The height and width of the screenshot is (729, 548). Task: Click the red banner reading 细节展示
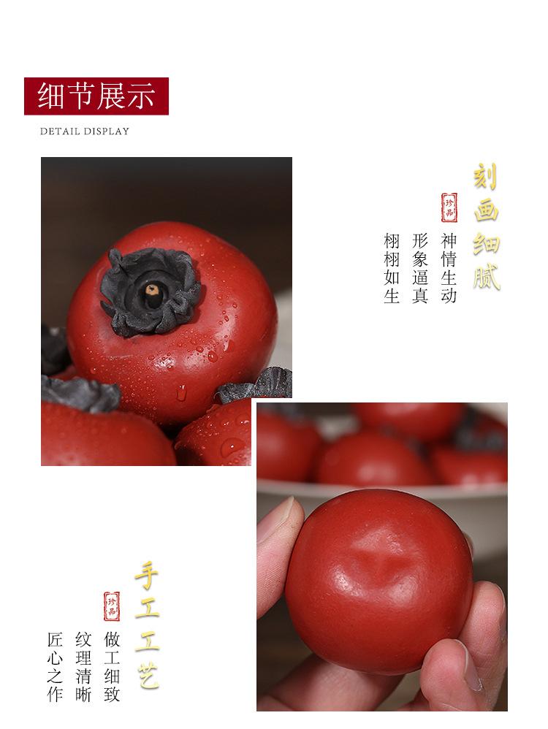click(x=96, y=96)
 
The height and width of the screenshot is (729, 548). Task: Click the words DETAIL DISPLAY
click(x=84, y=131)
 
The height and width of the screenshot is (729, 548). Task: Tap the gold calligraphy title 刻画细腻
click(x=486, y=226)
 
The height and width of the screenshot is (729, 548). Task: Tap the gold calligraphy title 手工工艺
click(x=146, y=627)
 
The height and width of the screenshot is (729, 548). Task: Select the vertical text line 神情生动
click(x=449, y=269)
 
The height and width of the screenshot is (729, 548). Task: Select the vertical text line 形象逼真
click(x=419, y=269)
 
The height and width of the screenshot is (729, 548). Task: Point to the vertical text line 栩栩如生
click(x=392, y=269)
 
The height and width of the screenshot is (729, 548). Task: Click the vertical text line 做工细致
click(x=112, y=666)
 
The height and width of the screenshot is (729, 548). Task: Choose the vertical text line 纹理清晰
click(x=84, y=666)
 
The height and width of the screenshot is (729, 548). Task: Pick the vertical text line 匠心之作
click(x=56, y=666)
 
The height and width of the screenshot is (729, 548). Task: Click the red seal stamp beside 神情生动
click(x=449, y=207)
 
